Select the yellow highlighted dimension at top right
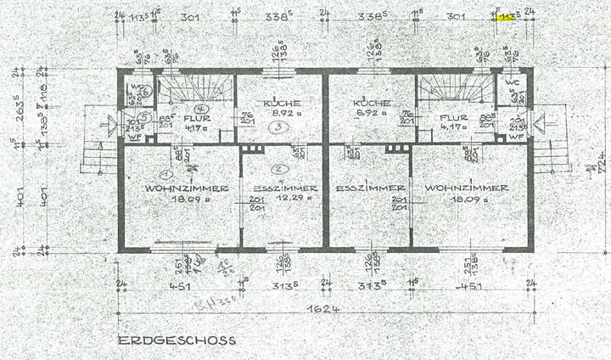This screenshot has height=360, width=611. click(507, 16)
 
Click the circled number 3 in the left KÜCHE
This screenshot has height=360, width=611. click(277, 128)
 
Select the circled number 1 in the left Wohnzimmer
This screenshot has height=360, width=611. click(167, 173)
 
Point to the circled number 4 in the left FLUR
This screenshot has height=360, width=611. click(200, 110)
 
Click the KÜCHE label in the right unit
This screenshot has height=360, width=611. click(370, 102)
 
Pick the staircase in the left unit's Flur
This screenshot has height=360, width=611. click(196, 87)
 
